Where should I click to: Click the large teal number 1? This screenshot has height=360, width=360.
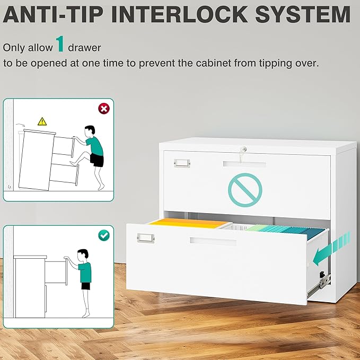(60, 43)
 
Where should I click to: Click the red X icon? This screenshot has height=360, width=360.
(104, 109)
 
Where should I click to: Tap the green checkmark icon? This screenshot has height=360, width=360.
(104, 235)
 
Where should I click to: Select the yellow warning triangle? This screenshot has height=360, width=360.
(42, 121)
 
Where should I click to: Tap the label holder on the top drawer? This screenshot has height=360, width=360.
(182, 163)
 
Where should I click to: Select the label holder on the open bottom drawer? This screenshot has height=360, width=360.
(146, 238)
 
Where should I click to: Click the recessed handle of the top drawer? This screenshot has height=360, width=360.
(244, 164)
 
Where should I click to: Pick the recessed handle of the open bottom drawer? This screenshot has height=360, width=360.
(213, 241)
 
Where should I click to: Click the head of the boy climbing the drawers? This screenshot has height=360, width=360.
(90, 131)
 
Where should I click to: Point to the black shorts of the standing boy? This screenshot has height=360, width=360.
(86, 286)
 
